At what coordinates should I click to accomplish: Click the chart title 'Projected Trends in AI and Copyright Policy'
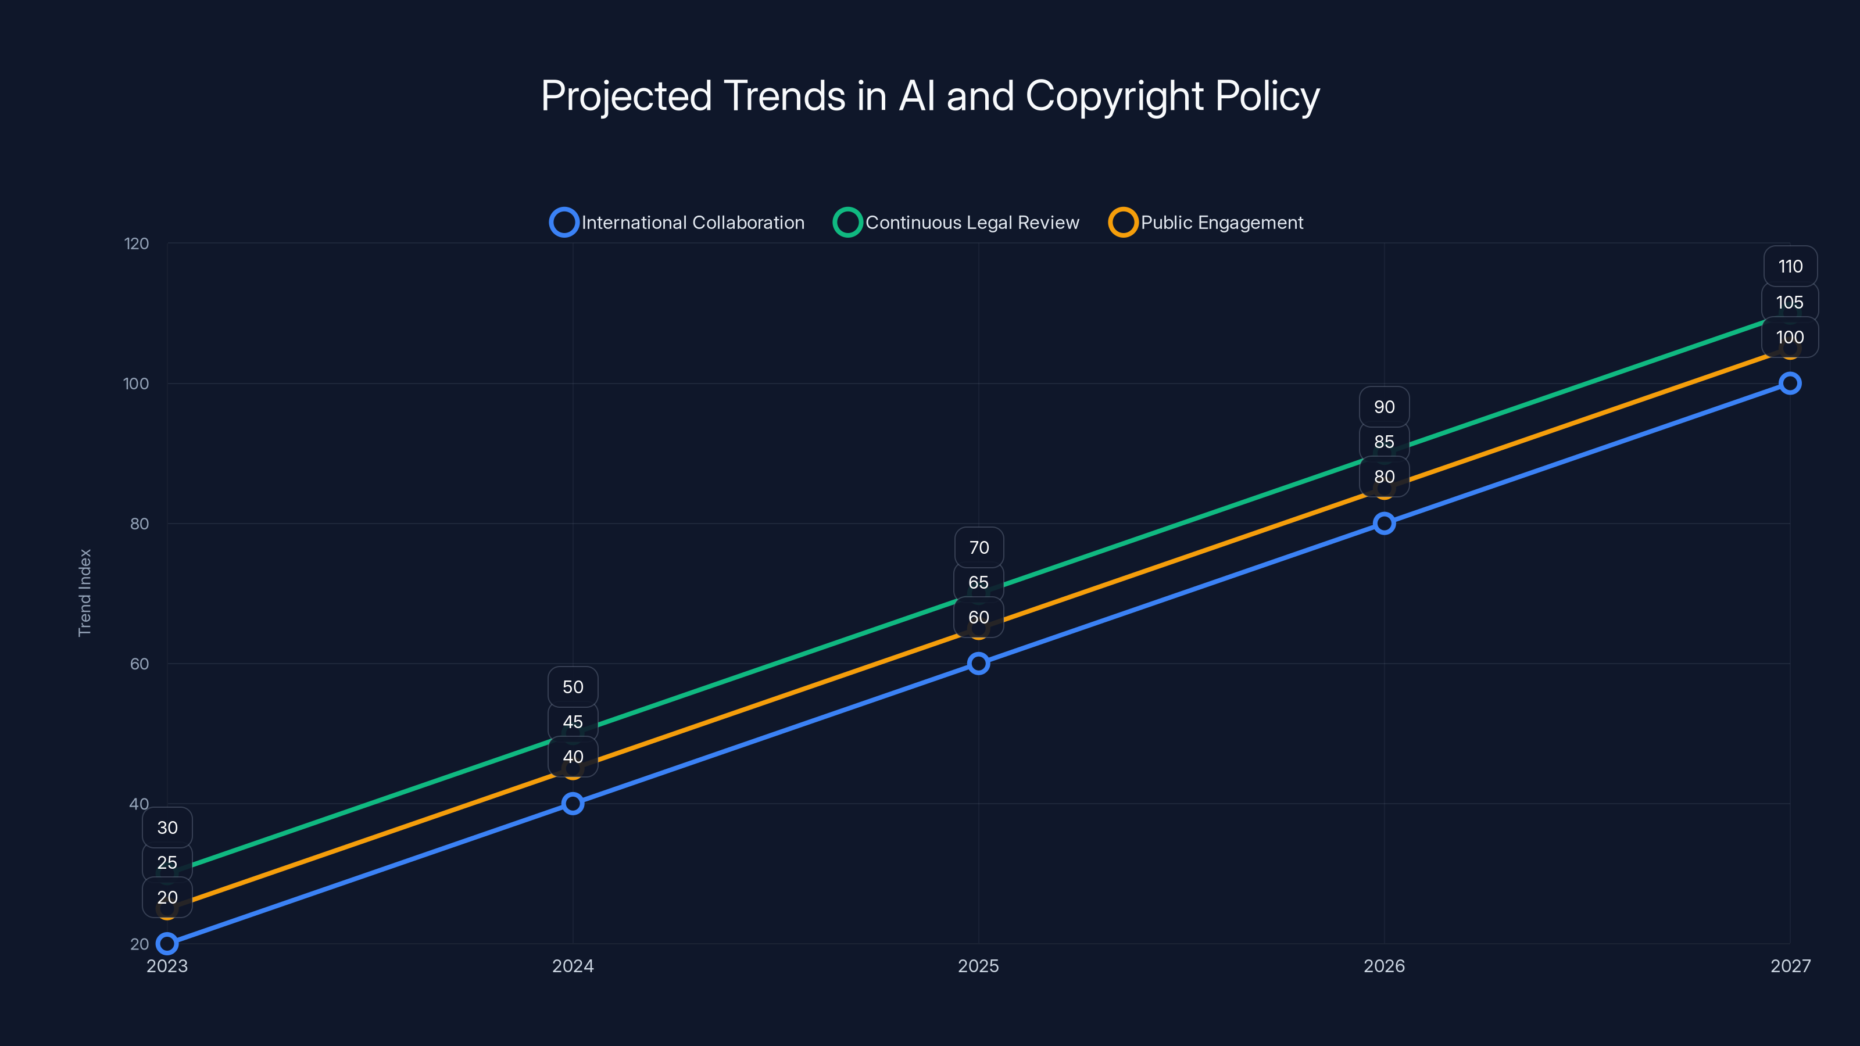pyautogui.click(x=930, y=96)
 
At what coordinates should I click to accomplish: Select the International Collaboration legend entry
pyautogui.click(x=677, y=223)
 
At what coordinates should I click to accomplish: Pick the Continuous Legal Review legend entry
pyautogui.click(x=956, y=223)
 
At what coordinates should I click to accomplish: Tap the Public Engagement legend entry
pyautogui.click(x=1206, y=223)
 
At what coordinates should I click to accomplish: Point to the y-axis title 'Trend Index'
pyautogui.click(x=85, y=593)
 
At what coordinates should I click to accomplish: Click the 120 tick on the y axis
pyautogui.click(x=137, y=244)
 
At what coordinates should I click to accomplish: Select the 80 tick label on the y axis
pyautogui.click(x=139, y=524)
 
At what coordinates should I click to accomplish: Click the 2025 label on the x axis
pyautogui.click(x=978, y=966)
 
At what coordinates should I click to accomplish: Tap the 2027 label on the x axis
pyautogui.click(x=1790, y=966)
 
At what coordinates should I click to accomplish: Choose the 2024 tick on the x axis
pyautogui.click(x=573, y=966)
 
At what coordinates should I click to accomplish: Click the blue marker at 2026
pyautogui.click(x=1384, y=524)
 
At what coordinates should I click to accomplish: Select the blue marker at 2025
pyautogui.click(x=978, y=664)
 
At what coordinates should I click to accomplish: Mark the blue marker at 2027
pyautogui.click(x=1789, y=384)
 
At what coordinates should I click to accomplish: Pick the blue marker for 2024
pyautogui.click(x=573, y=804)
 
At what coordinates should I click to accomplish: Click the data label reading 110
pyautogui.click(x=1790, y=266)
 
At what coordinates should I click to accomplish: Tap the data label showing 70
pyautogui.click(x=978, y=547)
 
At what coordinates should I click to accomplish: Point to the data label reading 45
pyautogui.click(x=573, y=722)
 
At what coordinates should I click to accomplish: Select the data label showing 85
pyautogui.click(x=1384, y=442)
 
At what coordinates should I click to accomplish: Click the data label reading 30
pyautogui.click(x=167, y=828)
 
